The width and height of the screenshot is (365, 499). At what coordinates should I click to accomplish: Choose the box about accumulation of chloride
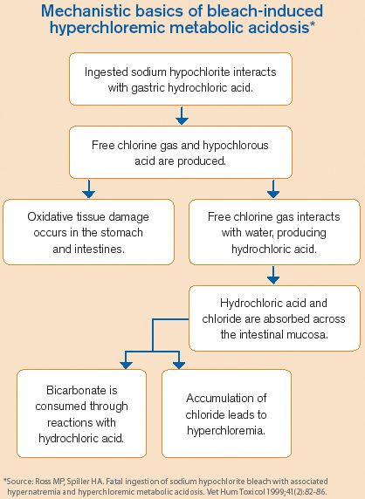point(226,414)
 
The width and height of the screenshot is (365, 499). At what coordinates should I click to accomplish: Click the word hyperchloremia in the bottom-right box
point(226,429)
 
